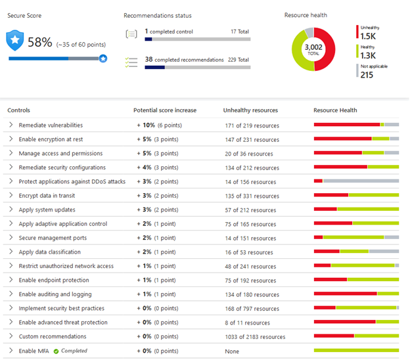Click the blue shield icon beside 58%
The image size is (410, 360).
point(16,41)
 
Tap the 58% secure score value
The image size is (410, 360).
point(39,42)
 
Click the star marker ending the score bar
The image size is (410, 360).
point(103,58)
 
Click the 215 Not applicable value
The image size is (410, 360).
point(367,75)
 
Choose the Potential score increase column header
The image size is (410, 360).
point(164,110)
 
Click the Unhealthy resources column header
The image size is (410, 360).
point(250,110)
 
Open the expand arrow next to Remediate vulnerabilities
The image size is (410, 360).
point(11,125)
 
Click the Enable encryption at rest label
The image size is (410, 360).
point(51,139)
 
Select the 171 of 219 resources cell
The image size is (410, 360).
point(251,125)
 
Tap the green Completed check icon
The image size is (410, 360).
point(57,351)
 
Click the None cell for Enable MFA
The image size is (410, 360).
point(231,351)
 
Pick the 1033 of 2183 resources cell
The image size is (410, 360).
point(255,337)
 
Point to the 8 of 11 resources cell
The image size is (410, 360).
point(247,323)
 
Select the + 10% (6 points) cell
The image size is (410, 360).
point(159,125)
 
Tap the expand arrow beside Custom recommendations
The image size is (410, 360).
point(11,336)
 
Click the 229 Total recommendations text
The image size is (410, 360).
point(236,60)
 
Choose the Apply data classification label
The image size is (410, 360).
point(50,252)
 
